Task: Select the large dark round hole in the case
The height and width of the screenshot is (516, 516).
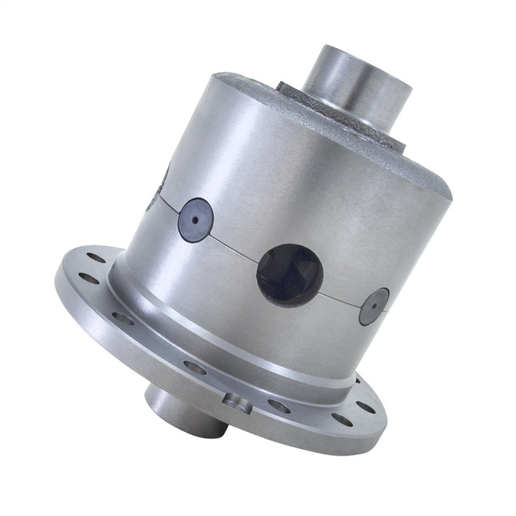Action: point(289,274)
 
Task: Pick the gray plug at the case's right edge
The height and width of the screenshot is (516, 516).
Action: point(374,307)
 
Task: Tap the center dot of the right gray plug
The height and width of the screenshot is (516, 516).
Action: point(374,306)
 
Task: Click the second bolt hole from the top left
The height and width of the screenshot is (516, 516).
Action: point(88,278)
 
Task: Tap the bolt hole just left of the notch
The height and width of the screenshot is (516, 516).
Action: point(195,367)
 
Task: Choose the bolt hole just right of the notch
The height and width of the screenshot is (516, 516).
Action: point(278,405)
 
